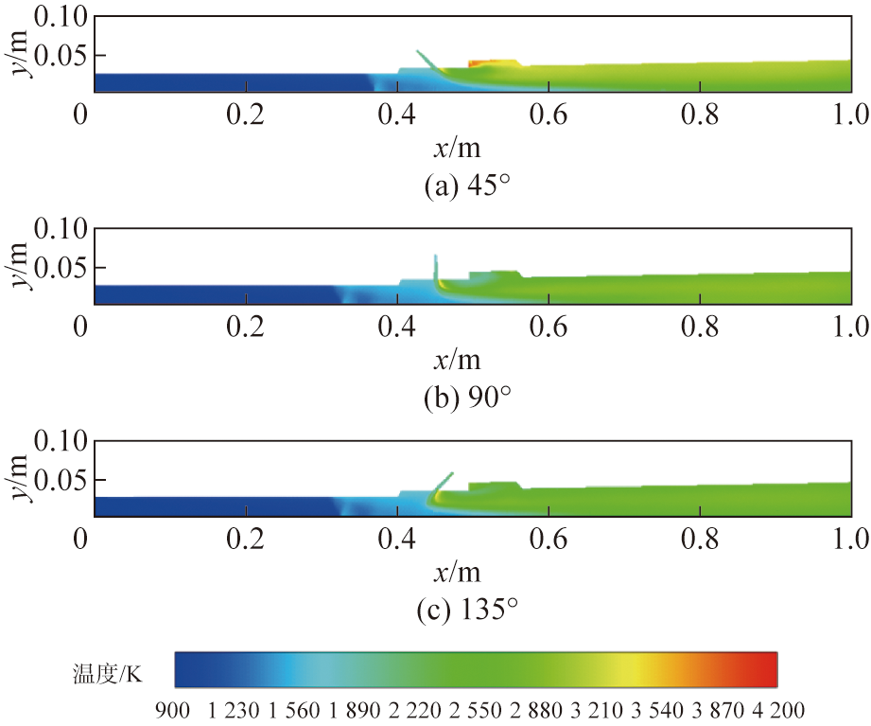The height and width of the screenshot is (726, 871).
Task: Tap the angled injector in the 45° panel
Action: pyautogui.click(x=427, y=61)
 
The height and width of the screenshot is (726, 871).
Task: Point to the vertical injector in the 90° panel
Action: pyautogui.click(x=436, y=270)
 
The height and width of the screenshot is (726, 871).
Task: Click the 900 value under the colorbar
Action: pyautogui.click(x=176, y=709)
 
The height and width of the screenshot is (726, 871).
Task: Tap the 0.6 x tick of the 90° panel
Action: pyautogui.click(x=549, y=327)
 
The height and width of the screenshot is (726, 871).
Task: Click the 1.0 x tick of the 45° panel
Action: pyautogui.click(x=850, y=115)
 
